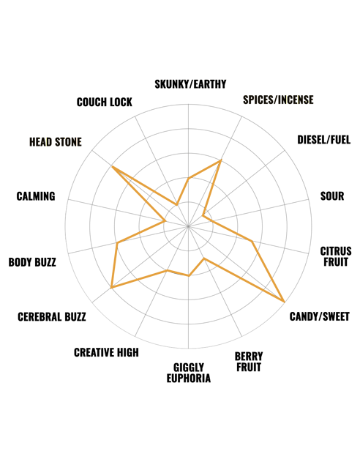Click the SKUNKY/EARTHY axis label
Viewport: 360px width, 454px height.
190,84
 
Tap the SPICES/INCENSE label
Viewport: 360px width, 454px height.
278,100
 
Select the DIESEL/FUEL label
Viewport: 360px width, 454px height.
324,140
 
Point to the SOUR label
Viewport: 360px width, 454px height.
332,196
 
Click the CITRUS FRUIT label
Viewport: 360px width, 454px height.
336,256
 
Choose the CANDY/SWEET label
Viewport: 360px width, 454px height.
320,316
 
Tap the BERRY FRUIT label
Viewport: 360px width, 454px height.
249,362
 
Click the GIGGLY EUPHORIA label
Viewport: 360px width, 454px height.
188,373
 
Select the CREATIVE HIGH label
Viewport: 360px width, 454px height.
106,352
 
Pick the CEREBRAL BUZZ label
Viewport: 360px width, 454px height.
52,317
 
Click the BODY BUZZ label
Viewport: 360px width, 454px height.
32,262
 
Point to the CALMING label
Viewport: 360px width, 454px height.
36,196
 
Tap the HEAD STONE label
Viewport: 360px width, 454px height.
56,142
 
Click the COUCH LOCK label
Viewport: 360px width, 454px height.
105,102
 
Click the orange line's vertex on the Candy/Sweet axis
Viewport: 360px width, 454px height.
284,302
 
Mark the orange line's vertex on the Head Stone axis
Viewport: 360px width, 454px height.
112,166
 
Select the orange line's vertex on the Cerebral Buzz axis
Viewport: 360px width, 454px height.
111,288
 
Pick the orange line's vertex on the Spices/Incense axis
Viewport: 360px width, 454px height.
220,160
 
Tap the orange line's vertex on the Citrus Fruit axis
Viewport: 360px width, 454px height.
252,241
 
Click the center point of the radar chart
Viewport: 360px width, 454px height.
188,226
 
